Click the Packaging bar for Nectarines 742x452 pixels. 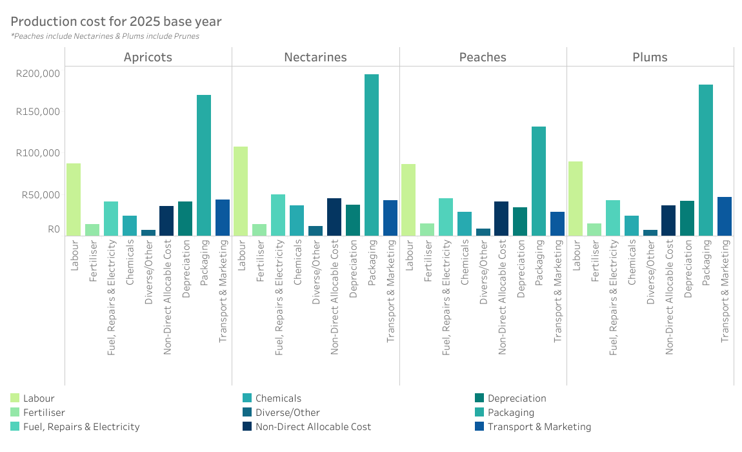[x=372, y=155]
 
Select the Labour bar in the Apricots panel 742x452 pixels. [x=74, y=200]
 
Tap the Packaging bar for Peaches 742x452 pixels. [x=539, y=181]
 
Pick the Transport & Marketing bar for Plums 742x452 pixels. [x=725, y=216]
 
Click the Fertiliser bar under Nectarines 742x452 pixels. [x=259, y=230]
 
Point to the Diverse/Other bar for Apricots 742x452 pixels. [x=148, y=233]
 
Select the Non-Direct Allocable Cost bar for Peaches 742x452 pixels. [x=501, y=219]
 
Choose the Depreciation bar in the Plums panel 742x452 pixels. [x=687, y=218]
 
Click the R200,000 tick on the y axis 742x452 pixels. [x=38, y=73]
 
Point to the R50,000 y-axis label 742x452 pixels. [x=41, y=194]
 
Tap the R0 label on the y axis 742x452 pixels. [x=54, y=229]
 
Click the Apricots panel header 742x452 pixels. [x=148, y=57]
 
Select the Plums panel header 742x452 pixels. [x=650, y=57]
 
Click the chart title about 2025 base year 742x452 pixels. [x=116, y=21]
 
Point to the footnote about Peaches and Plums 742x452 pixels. [x=105, y=36]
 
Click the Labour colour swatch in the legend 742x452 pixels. [x=15, y=398]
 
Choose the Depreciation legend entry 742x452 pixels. [x=517, y=398]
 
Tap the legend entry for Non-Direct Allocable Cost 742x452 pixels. [x=313, y=426]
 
